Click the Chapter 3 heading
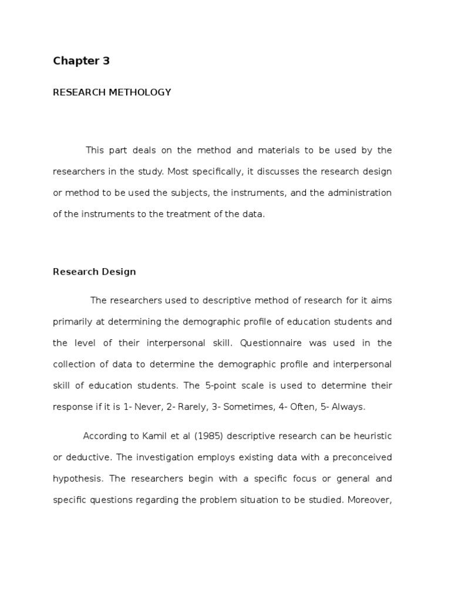coord(81,61)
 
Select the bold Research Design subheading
coord(94,272)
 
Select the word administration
coord(359,193)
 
